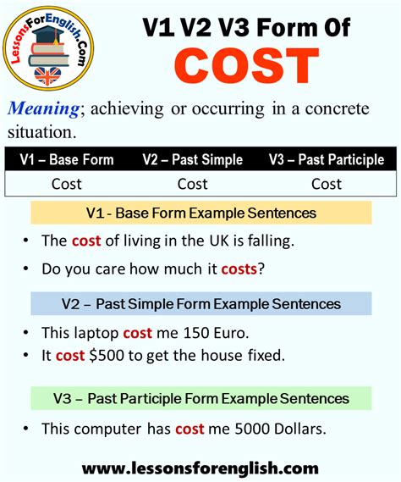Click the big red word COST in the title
[246, 66]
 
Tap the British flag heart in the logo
[47, 75]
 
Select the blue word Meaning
[44, 108]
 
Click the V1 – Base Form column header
[67, 159]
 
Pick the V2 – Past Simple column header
[193, 159]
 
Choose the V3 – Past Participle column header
[327, 159]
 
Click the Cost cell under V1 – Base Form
[67, 184]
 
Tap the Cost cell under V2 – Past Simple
[193, 184]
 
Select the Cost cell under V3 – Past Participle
[327, 184]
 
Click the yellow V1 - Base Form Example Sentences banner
[201, 213]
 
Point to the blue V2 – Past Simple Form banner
[201, 304]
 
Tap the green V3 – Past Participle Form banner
[201, 398]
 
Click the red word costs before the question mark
[239, 269]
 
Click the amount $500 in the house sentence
[107, 355]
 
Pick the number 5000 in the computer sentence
[252, 429]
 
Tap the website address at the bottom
[200, 468]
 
